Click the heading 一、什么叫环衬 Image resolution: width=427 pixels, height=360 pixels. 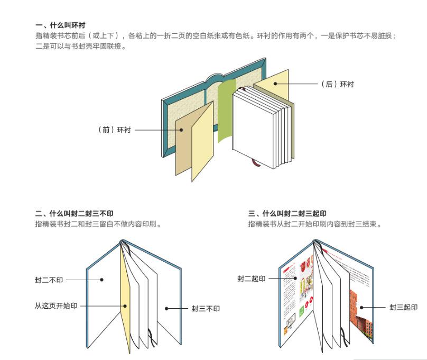click(60, 25)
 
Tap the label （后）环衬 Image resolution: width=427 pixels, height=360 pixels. click(337, 84)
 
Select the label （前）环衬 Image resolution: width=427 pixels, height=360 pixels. click(114, 130)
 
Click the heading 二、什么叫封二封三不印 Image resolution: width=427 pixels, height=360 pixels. click(74, 214)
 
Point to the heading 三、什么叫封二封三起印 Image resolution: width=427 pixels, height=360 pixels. click(287, 214)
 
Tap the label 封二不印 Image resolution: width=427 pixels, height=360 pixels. click(49, 280)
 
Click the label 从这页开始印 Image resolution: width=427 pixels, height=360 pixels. click(56, 306)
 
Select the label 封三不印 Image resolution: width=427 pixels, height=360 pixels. click(206, 309)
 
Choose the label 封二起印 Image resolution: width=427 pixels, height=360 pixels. click(252, 279)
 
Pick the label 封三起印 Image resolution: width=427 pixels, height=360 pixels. click(403, 308)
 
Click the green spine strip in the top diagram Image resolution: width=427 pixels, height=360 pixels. click(226, 111)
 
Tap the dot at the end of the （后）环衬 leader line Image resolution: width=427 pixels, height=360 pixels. click(275, 84)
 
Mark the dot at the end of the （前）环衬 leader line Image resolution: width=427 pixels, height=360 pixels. click(181, 130)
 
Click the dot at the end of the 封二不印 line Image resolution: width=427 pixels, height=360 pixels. click(101, 280)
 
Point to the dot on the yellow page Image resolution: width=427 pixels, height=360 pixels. click(125, 306)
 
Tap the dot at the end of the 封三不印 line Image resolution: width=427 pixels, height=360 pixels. click(166, 309)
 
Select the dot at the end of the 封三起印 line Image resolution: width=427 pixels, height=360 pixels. click(361, 308)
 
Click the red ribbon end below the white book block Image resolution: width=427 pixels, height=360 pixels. click(256, 162)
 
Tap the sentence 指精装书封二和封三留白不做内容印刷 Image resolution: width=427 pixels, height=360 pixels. click(98, 224)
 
